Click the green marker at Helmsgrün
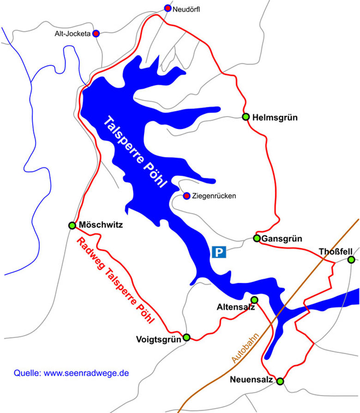(x=246, y=117)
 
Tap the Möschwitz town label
(x=101, y=225)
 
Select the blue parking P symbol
(x=219, y=252)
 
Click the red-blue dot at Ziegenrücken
(x=186, y=196)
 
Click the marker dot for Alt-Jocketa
(x=96, y=33)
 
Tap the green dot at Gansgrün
(x=257, y=238)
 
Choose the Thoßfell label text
(x=336, y=252)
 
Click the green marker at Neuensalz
(x=280, y=381)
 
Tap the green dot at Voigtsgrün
(x=186, y=338)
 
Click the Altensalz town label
(x=235, y=307)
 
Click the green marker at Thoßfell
(x=351, y=259)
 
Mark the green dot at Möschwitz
(x=72, y=225)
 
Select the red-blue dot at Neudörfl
(x=168, y=8)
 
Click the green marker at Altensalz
(x=254, y=300)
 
